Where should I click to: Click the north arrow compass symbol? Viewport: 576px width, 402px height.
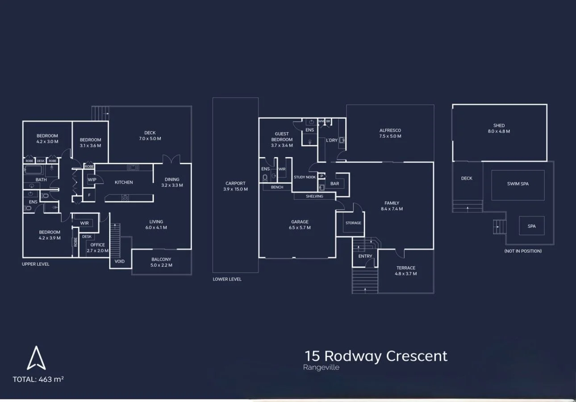pyautogui.click(x=36, y=358)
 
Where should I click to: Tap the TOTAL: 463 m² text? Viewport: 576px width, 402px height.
pyautogui.click(x=38, y=379)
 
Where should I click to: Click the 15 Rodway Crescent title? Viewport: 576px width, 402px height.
pyautogui.click(x=376, y=356)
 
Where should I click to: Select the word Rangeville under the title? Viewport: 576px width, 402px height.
pyautogui.click(x=321, y=368)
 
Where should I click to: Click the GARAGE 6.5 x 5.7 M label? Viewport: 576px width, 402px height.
pyautogui.click(x=300, y=225)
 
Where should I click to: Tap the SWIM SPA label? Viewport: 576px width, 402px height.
pyautogui.click(x=518, y=184)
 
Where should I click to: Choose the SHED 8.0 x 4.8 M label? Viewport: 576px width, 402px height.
pyautogui.click(x=499, y=129)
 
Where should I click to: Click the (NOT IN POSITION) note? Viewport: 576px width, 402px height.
pyautogui.click(x=523, y=251)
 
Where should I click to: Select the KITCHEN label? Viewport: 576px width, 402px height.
pyautogui.click(x=124, y=182)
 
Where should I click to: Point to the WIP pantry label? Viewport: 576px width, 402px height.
pyautogui.click(x=92, y=180)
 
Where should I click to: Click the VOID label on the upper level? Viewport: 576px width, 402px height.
pyautogui.click(x=120, y=261)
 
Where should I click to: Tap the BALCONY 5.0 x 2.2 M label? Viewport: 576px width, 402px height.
pyautogui.click(x=161, y=262)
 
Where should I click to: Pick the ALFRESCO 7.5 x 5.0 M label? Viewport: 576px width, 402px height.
pyautogui.click(x=390, y=133)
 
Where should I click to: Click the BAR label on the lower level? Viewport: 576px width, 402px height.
pyautogui.click(x=334, y=184)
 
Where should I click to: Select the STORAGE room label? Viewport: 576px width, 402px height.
pyautogui.click(x=353, y=223)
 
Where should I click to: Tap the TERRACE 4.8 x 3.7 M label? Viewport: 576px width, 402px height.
pyautogui.click(x=405, y=271)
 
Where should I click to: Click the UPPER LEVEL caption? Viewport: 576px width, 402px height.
pyautogui.click(x=36, y=264)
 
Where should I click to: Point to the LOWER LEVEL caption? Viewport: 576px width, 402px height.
pyautogui.click(x=227, y=279)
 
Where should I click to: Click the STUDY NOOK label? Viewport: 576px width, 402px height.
pyautogui.click(x=305, y=177)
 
